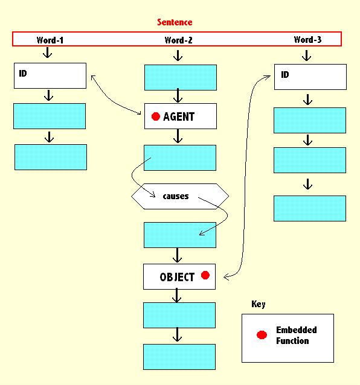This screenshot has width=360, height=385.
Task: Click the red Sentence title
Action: pyautogui.click(x=175, y=22)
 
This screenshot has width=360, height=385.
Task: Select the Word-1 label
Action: pyautogui.click(x=50, y=40)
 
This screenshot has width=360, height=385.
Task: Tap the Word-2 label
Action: pyautogui.click(x=179, y=40)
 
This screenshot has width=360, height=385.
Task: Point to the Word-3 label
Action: pyautogui.click(x=307, y=40)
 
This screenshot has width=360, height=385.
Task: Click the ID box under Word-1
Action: pyautogui.click(x=50, y=75)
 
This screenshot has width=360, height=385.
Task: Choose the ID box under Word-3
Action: pyautogui.click(x=310, y=77)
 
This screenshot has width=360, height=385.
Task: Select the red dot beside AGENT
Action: pyautogui.click(x=156, y=116)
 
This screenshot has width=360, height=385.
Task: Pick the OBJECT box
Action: pyautogui.click(x=179, y=277)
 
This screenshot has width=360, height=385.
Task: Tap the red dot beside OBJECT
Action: pyautogui.click(x=205, y=276)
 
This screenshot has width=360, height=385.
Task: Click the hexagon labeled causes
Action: pyautogui.click(x=180, y=196)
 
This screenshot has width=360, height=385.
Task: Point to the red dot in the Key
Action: pyautogui.click(x=262, y=335)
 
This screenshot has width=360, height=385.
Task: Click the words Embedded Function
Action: pyautogui.click(x=296, y=336)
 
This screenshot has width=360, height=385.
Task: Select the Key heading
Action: pyautogui.click(x=258, y=304)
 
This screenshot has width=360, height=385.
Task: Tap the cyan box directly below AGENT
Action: pyautogui.click(x=180, y=157)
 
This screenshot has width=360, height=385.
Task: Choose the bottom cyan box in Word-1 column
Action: pyautogui.click(x=51, y=157)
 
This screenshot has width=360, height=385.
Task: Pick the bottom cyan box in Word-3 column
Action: pyautogui.click(x=310, y=208)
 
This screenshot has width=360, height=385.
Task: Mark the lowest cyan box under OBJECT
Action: pyautogui.click(x=179, y=357)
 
